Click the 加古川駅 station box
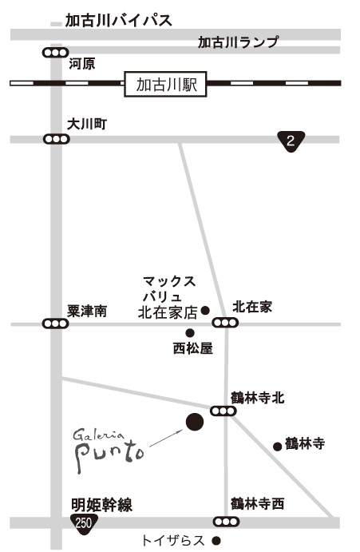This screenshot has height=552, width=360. click(x=165, y=84)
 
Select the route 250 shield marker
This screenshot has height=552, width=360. click(x=84, y=523)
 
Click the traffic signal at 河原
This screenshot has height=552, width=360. click(x=55, y=53)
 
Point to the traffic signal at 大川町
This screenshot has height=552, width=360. click(x=57, y=139)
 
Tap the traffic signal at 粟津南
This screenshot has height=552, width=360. click(x=55, y=324)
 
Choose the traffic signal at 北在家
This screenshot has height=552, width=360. click(x=225, y=322)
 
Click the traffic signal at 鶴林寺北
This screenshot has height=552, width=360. click(x=224, y=411)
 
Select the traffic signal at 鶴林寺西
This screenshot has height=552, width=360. click(x=226, y=522)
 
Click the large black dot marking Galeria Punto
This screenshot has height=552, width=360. click(x=195, y=422)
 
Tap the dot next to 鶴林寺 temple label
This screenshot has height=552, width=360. click(x=278, y=447)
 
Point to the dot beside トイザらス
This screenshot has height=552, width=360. click(x=216, y=540)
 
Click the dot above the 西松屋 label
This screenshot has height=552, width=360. click(x=190, y=332)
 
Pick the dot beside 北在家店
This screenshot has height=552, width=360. click(x=205, y=311)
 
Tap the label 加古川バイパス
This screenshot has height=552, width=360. click(x=119, y=21)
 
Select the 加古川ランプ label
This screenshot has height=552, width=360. click(x=238, y=42)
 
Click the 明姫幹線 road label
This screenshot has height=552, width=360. click(x=101, y=505)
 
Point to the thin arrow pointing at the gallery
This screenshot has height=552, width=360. click(x=167, y=438)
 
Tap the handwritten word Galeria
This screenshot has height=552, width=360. click(x=98, y=435)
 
